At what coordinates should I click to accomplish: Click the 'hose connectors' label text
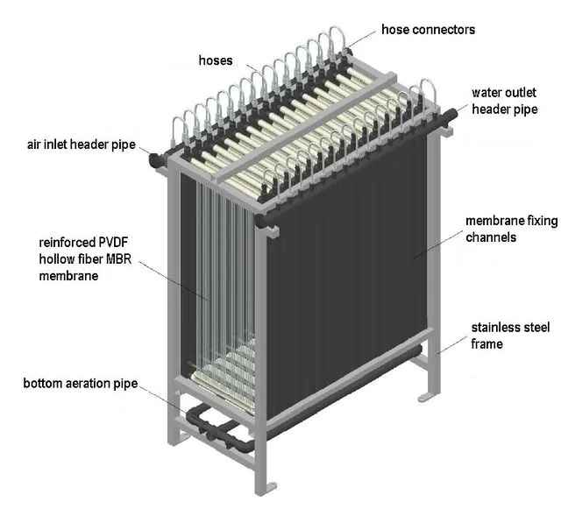tap(428, 30)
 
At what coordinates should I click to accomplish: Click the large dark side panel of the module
tap(351, 289)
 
